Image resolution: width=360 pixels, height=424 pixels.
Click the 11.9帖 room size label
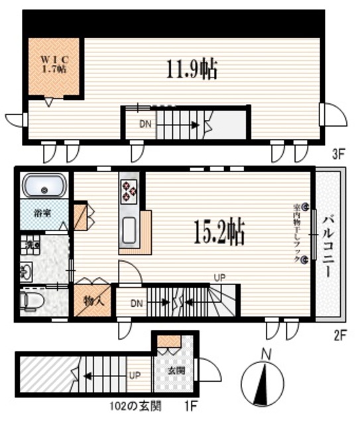click(192, 68)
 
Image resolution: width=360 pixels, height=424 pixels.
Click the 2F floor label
click(339, 335)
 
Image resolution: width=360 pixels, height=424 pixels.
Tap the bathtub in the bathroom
click(44, 186)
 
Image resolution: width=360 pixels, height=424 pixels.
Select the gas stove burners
click(128, 191)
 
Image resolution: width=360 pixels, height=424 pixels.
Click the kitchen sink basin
click(129, 229)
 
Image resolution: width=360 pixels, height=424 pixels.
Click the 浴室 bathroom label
click(43, 214)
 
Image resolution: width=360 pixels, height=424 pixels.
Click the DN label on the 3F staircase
click(145, 123)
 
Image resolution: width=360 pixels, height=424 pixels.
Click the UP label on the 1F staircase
click(135, 374)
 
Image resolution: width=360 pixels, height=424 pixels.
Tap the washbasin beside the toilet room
click(27, 272)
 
